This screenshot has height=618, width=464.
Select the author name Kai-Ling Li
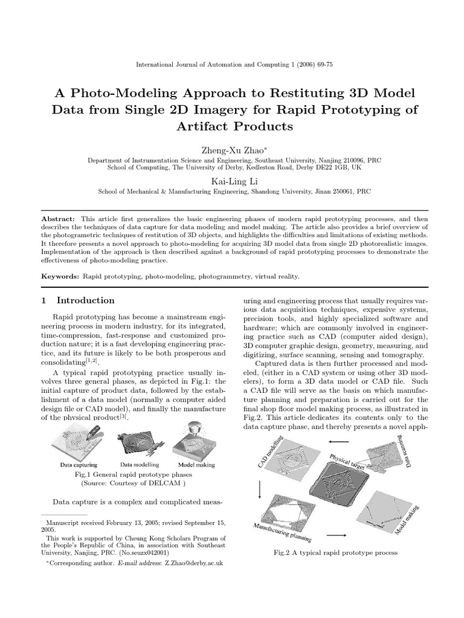pos(231,180)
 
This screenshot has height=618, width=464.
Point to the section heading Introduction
pos(85,301)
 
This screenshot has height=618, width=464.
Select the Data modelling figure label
pos(139,465)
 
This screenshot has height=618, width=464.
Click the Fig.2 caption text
pos(335,552)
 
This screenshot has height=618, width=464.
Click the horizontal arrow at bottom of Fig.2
pos(339,535)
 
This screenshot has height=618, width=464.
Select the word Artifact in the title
pos(205,127)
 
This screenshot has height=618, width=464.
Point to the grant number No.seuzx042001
pos(144,552)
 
